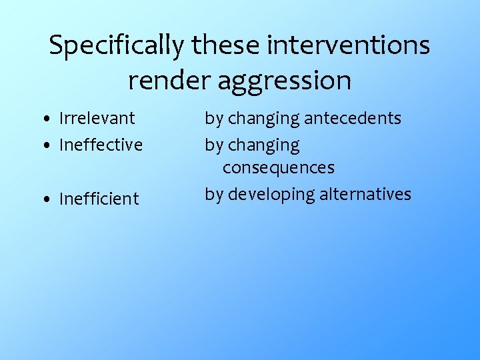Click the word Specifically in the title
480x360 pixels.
point(115,46)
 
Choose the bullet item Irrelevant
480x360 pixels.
point(97,118)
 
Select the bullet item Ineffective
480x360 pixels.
point(101,145)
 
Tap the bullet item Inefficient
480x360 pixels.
point(99,199)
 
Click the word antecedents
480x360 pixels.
point(353,118)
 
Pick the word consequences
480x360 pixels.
point(279,167)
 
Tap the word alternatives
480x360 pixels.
point(365,194)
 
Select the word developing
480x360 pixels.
point(271,195)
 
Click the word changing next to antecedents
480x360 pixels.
point(264,119)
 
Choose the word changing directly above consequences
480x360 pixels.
point(264,145)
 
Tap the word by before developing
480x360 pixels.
point(213,195)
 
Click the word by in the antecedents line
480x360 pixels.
point(213,119)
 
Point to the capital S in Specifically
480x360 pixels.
point(57,45)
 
